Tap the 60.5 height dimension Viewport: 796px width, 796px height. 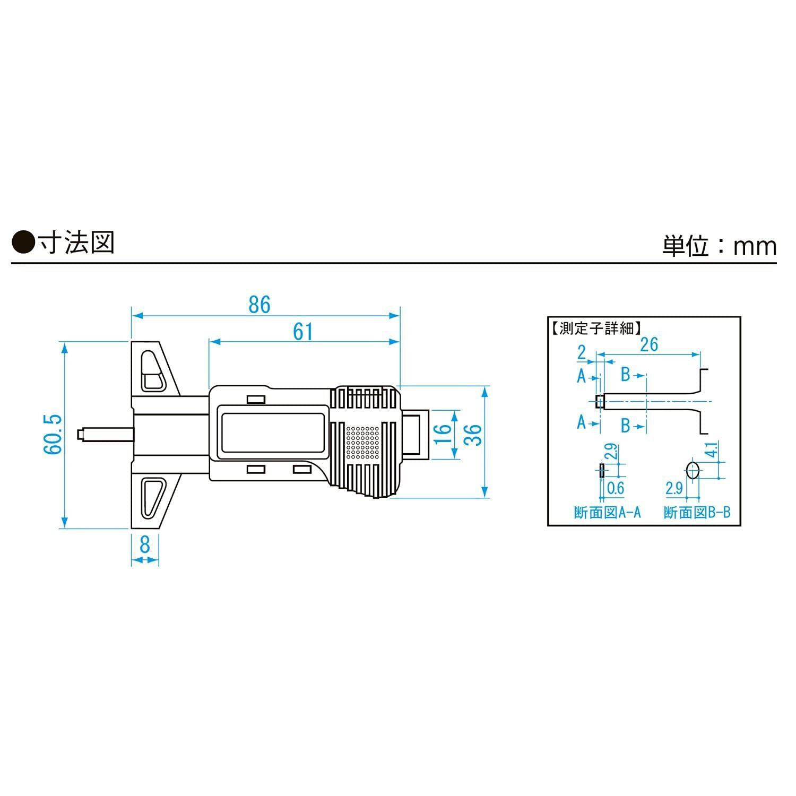point(54,434)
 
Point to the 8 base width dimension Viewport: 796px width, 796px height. point(145,544)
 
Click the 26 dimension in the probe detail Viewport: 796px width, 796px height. point(648,344)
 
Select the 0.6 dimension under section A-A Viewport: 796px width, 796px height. point(615,488)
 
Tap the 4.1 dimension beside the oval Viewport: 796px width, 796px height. point(712,449)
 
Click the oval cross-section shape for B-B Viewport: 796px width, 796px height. point(692,470)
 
